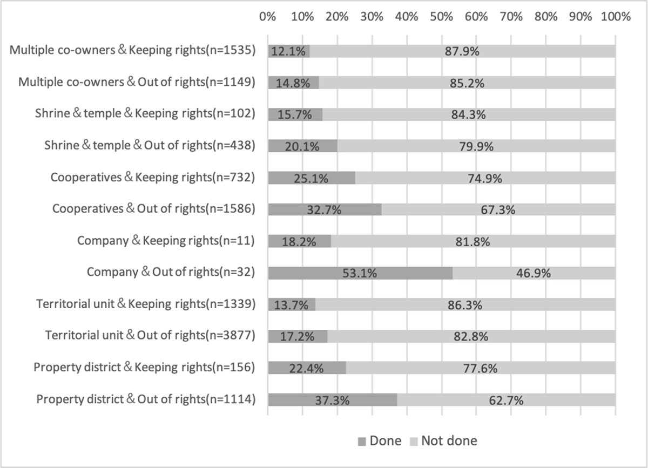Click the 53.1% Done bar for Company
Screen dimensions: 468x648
(360, 273)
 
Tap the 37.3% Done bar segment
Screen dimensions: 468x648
(332, 400)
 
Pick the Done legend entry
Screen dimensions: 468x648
(380, 441)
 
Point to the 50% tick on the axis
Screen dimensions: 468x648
(441, 16)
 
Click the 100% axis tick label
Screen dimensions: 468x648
(615, 16)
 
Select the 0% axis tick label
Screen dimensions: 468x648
(268, 16)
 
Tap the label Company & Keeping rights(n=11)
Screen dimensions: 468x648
(166, 241)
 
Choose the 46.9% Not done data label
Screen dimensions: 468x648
(533, 273)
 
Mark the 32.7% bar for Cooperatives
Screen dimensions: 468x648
(324, 210)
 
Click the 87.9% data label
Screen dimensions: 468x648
(462, 52)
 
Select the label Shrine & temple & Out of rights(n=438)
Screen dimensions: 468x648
(150, 146)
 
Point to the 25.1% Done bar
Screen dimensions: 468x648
(311, 178)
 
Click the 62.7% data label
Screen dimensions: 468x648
(506, 400)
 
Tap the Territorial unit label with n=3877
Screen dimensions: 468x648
(150, 336)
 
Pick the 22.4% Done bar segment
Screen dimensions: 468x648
(306, 368)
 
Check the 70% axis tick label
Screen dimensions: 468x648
(511, 16)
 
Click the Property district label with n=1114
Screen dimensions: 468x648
(145, 399)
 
